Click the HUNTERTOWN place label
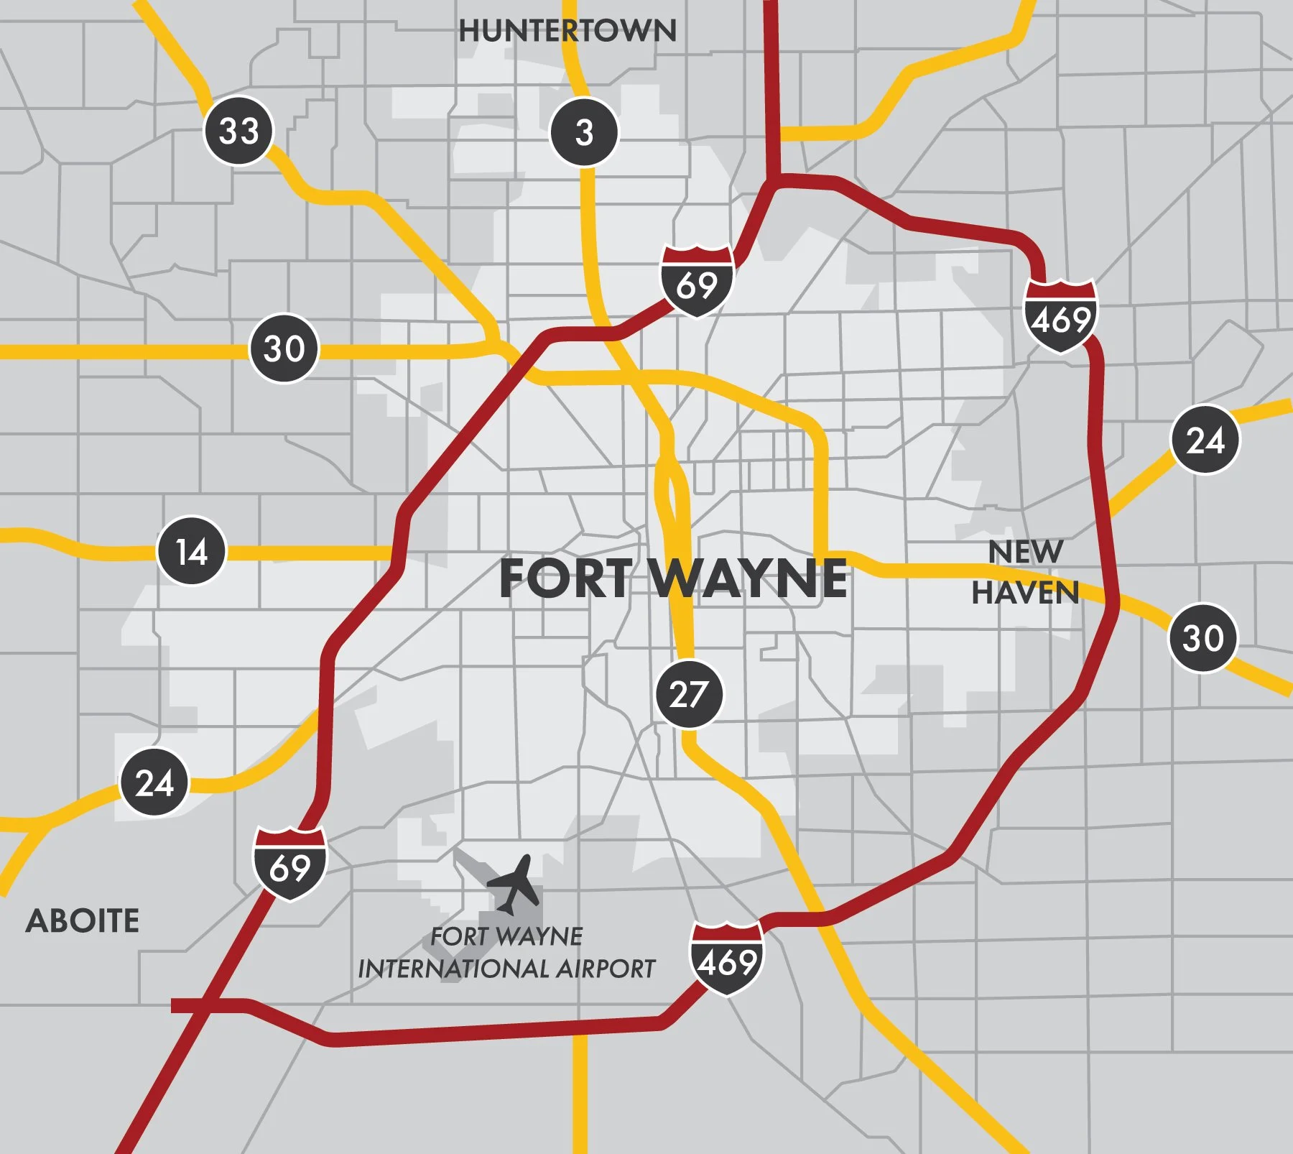[567, 31]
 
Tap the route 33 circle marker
[239, 131]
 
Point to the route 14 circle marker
[192, 551]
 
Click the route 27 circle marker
[689, 694]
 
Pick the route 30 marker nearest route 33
[284, 348]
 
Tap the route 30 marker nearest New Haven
[1203, 637]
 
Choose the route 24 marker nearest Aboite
[154, 783]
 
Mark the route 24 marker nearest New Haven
[1205, 440]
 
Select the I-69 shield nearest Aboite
[290, 864]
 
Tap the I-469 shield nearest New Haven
[1060, 316]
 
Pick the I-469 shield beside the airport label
[727, 959]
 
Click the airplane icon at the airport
[514, 884]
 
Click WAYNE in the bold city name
[750, 578]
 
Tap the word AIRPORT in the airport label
[606, 969]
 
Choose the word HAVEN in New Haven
[1025, 593]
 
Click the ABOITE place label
[83, 921]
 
